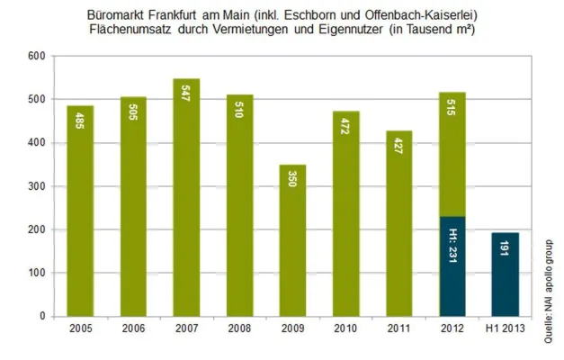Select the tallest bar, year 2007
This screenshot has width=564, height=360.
(186, 198)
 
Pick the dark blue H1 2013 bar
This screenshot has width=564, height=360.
(505, 274)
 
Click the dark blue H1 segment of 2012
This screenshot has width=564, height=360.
(452, 266)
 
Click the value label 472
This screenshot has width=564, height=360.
(345, 131)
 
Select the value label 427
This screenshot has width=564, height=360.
(398, 151)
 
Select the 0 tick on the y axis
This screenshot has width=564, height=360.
(41, 317)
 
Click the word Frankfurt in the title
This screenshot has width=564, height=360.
(190, 15)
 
